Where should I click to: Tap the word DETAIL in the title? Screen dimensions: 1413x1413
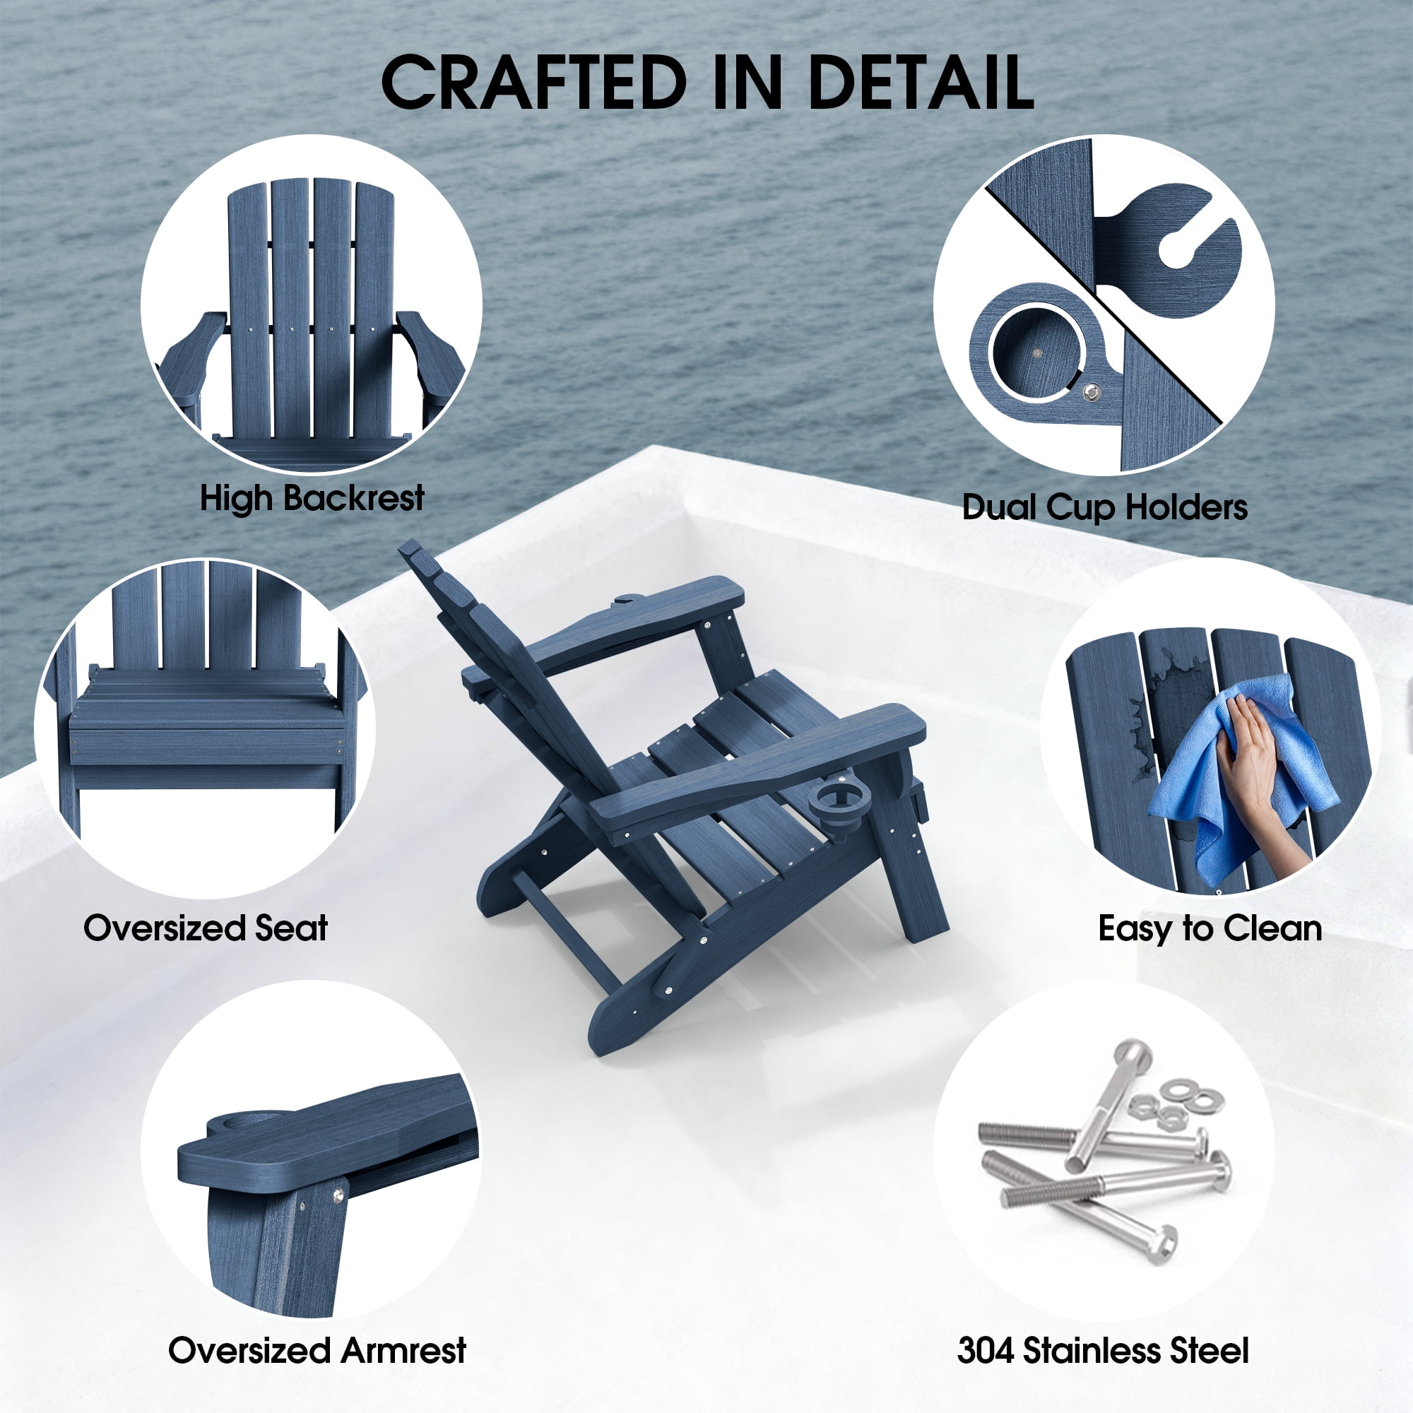919,82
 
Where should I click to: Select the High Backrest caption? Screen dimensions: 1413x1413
312,499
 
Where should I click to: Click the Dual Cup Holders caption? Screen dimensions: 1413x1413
1104,507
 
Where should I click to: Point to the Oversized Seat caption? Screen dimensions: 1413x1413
206,928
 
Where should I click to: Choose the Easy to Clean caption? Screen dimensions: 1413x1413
1210,928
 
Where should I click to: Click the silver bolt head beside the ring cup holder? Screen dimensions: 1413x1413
1093,393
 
